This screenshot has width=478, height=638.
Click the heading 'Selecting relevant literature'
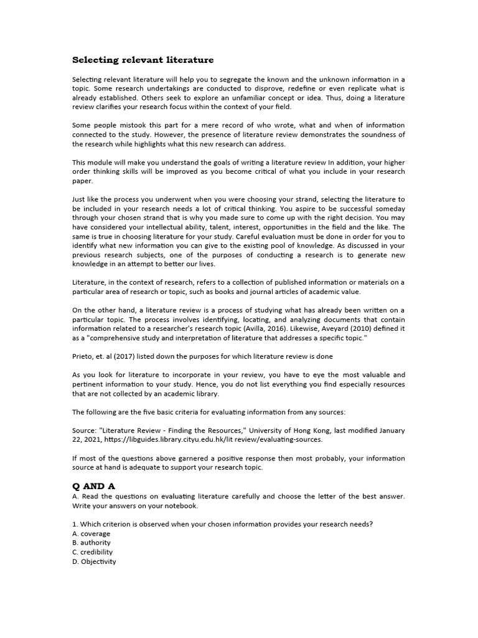pos(143,60)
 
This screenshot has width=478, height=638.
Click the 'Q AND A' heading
pos(94,485)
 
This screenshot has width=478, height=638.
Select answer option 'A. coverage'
pos(91,533)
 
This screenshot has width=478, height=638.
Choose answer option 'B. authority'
pos(91,543)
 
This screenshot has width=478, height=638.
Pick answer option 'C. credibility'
pos(93,552)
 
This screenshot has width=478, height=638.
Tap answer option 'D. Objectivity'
pos(94,561)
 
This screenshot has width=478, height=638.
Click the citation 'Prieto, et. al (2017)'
pos(106,356)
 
